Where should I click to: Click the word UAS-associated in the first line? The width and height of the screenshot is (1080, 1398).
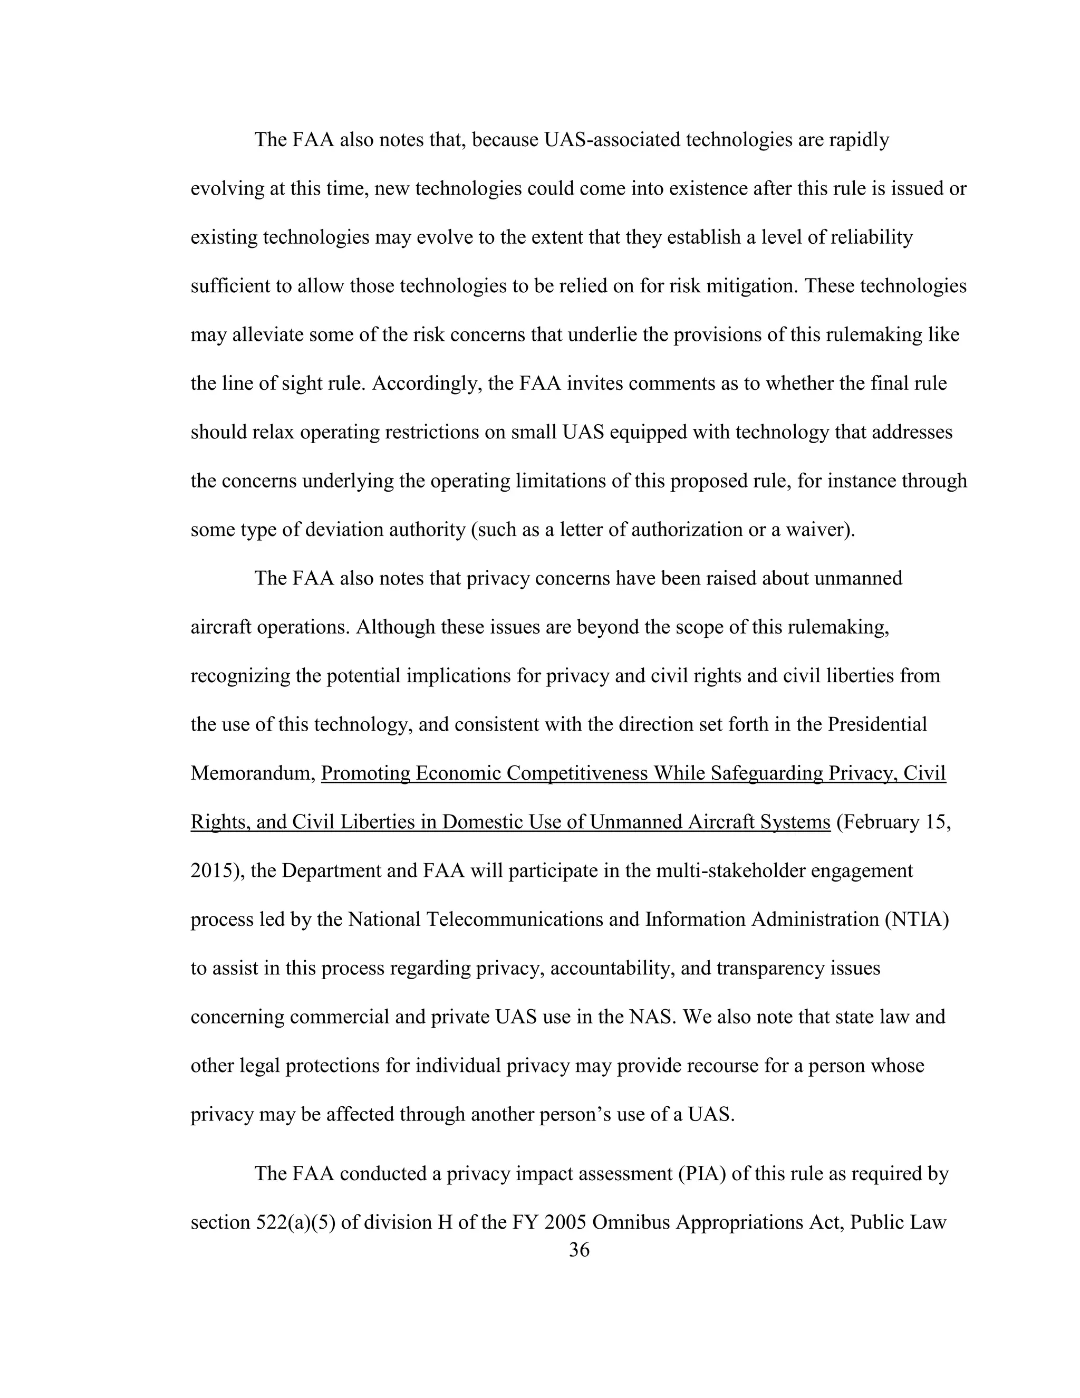coord(611,140)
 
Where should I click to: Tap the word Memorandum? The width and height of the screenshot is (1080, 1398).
coord(253,773)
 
